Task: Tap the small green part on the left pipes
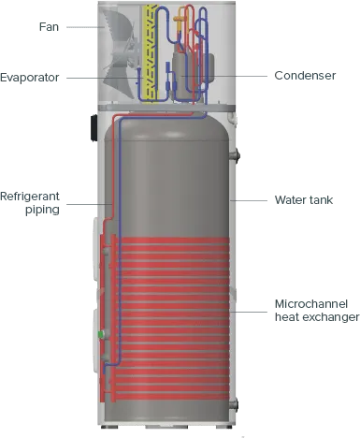100,334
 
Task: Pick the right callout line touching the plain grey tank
257,200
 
